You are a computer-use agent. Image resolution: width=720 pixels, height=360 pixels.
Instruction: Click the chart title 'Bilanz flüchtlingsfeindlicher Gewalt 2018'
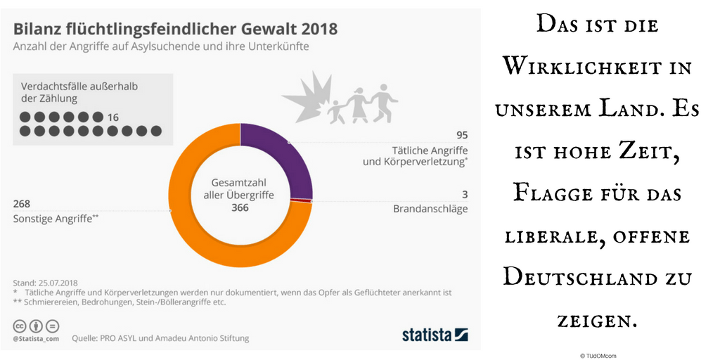pos(175,29)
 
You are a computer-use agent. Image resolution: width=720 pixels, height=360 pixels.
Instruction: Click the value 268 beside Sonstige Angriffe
pos(22,204)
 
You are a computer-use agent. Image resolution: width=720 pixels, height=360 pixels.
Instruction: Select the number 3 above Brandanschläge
pos(464,194)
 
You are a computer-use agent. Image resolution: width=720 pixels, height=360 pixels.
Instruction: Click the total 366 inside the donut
pos(241,208)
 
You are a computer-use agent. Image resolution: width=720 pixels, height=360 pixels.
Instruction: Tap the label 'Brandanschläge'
pos(430,209)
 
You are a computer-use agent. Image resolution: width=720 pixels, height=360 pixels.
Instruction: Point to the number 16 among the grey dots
pos(114,117)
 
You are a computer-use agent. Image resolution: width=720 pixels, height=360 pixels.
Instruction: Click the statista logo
pos(435,335)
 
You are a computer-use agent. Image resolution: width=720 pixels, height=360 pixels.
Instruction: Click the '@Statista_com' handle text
pos(37,338)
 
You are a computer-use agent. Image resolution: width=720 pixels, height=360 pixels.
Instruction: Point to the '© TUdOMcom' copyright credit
pos(598,356)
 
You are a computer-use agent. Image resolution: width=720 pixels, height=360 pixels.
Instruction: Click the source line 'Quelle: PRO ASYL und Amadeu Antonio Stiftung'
pos(160,338)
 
